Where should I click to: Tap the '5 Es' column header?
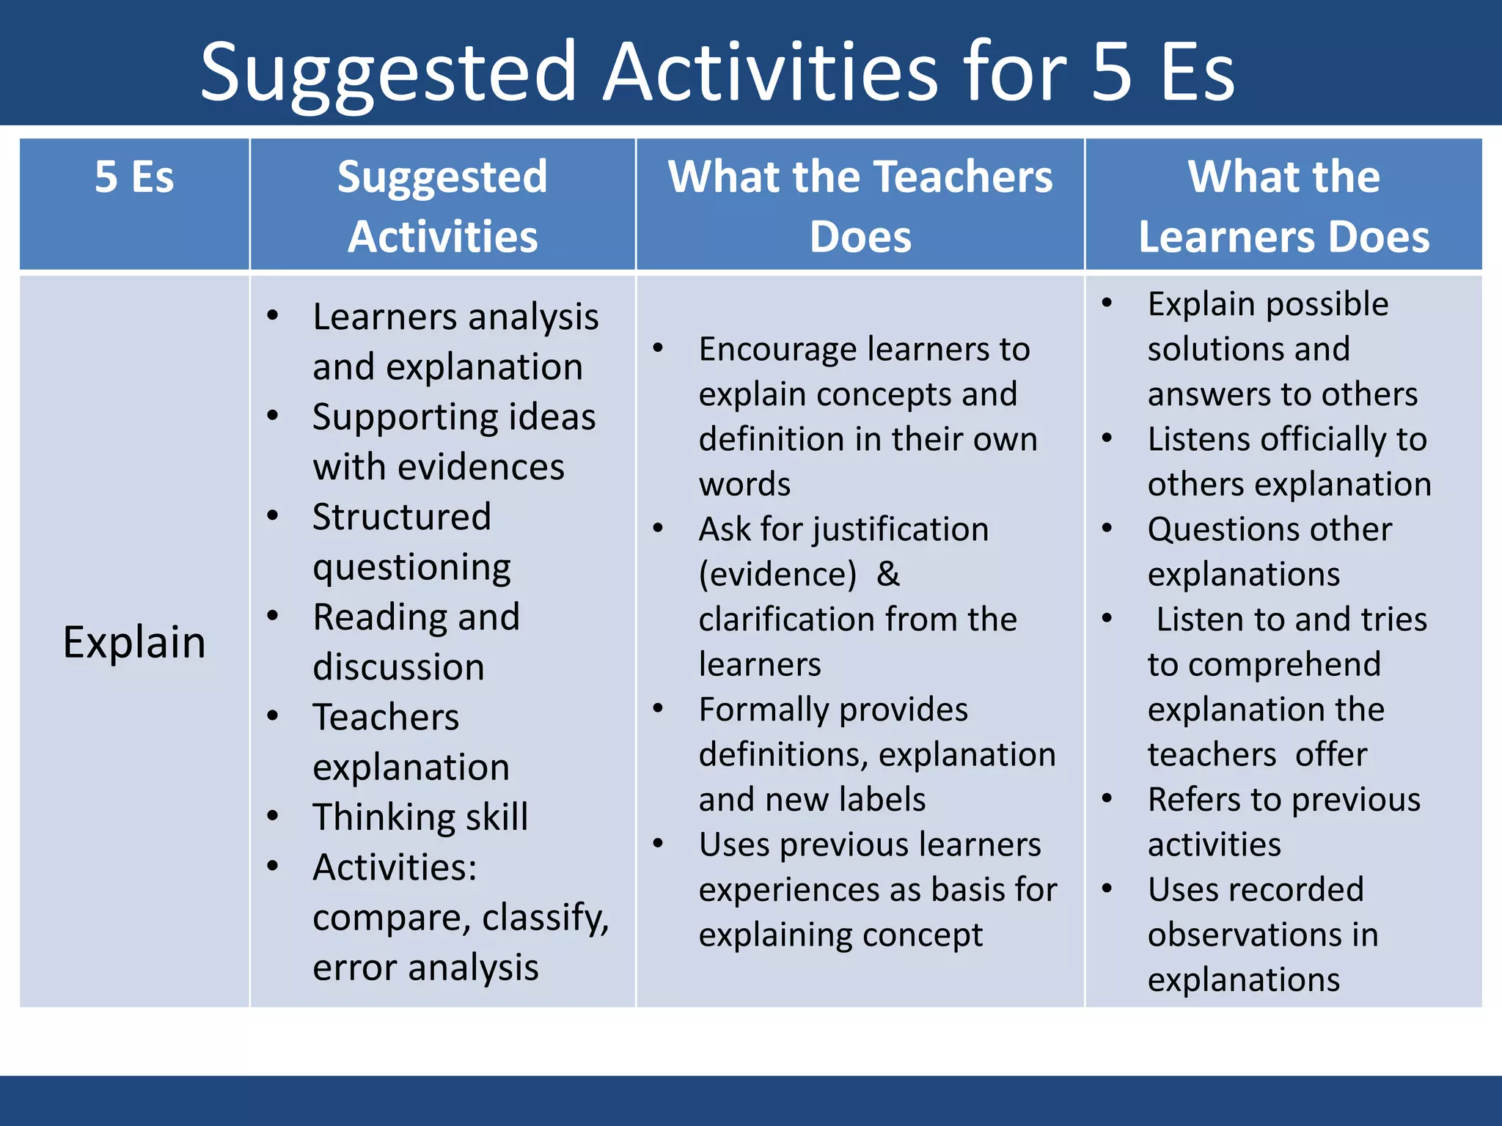[x=134, y=177]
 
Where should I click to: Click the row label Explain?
[x=134, y=642]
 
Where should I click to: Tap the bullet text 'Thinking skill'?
[x=420, y=817]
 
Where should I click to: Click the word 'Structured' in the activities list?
[x=401, y=517]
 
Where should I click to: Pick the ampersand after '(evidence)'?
[x=887, y=574]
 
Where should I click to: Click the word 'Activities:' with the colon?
[x=395, y=867]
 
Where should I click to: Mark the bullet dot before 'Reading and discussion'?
[x=273, y=616]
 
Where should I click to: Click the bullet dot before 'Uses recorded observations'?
[x=1107, y=889]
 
